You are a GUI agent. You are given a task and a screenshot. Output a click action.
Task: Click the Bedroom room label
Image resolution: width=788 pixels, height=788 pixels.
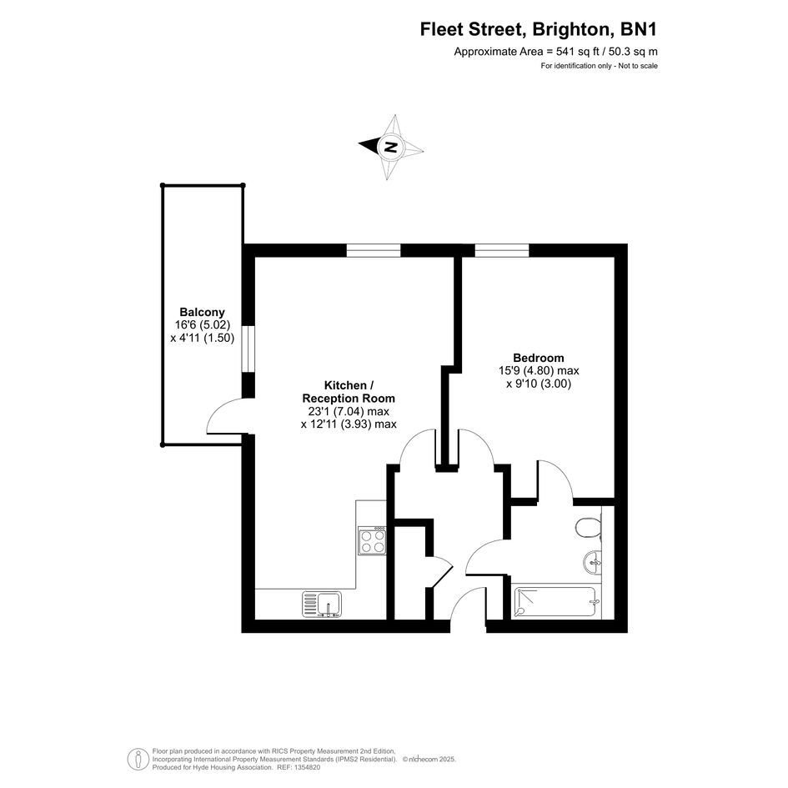(x=538, y=358)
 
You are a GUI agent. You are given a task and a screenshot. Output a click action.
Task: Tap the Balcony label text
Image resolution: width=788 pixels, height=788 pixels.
(x=202, y=312)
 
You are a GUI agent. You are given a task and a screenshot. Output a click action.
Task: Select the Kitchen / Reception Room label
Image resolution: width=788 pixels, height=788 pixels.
(x=349, y=392)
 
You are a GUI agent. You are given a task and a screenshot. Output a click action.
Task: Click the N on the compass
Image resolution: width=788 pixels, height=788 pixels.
(x=390, y=148)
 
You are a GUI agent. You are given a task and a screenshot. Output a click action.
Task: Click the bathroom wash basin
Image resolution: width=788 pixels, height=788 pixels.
(x=593, y=561)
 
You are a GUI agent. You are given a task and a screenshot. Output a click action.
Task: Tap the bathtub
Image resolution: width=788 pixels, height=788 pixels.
(x=556, y=603)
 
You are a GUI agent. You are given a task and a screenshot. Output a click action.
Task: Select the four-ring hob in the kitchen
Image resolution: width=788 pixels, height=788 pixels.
(x=372, y=540)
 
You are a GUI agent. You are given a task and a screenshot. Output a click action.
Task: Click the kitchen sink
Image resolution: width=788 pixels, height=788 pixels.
(x=322, y=604)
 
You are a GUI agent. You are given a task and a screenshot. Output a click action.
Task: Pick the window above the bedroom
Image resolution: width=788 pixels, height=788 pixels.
(x=502, y=250)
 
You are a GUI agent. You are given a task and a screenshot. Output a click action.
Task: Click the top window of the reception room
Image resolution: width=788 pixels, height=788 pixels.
(x=374, y=250)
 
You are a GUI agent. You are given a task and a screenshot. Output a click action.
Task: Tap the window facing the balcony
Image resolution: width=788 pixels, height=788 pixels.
(x=248, y=349)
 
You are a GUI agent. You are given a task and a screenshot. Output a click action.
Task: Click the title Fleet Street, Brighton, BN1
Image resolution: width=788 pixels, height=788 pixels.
(x=538, y=30)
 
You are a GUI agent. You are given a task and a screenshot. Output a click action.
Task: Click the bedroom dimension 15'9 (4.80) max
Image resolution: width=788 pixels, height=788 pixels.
(x=538, y=371)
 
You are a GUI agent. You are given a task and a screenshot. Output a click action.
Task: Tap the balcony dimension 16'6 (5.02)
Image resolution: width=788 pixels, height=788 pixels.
(x=202, y=324)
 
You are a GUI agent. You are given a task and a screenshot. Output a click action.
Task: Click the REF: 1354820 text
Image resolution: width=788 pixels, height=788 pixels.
(x=299, y=767)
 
